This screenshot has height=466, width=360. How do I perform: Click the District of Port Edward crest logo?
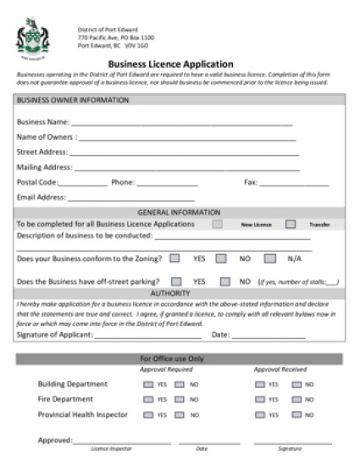(33, 37)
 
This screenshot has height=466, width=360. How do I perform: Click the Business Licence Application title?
(170, 64)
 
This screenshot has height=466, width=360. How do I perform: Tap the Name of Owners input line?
(186, 138)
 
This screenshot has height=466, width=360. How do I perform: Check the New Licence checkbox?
(218, 225)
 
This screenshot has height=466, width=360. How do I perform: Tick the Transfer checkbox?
(291, 225)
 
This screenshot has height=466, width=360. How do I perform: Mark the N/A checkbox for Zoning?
(270, 258)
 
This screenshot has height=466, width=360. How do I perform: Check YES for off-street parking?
(177, 281)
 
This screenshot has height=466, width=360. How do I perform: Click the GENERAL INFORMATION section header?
(179, 213)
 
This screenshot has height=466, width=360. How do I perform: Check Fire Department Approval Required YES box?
(148, 399)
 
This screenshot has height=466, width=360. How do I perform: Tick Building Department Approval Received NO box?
(296, 384)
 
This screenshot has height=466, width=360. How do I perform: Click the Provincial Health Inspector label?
(83, 414)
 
